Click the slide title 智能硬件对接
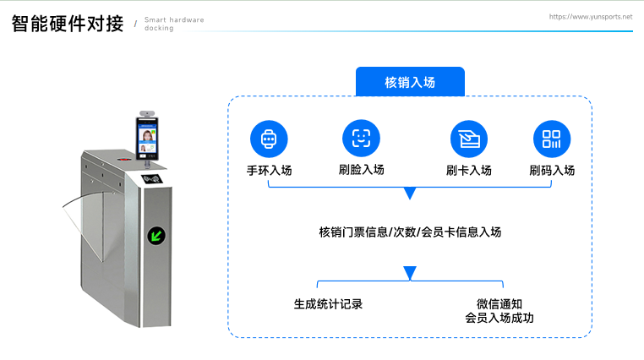point(68,24)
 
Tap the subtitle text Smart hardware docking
point(173,24)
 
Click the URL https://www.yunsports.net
point(591,16)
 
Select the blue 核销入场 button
point(410,82)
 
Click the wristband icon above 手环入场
point(269,139)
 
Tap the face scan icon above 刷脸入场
point(361,139)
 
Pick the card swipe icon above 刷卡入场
point(468,139)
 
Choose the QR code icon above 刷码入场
point(552,139)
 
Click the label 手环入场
point(269,170)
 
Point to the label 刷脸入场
point(361,170)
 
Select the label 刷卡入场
point(468,170)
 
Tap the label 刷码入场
point(552,170)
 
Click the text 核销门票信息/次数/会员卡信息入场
point(410,232)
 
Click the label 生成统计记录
point(328,303)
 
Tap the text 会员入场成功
point(499,319)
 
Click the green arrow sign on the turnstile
point(156,234)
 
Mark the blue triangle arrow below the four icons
point(410,194)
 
